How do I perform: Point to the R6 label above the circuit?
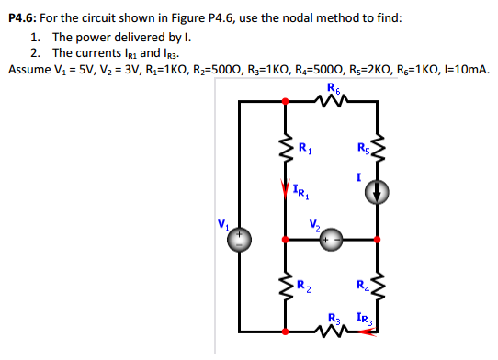coord(332,89)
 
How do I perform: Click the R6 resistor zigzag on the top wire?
coord(332,102)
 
